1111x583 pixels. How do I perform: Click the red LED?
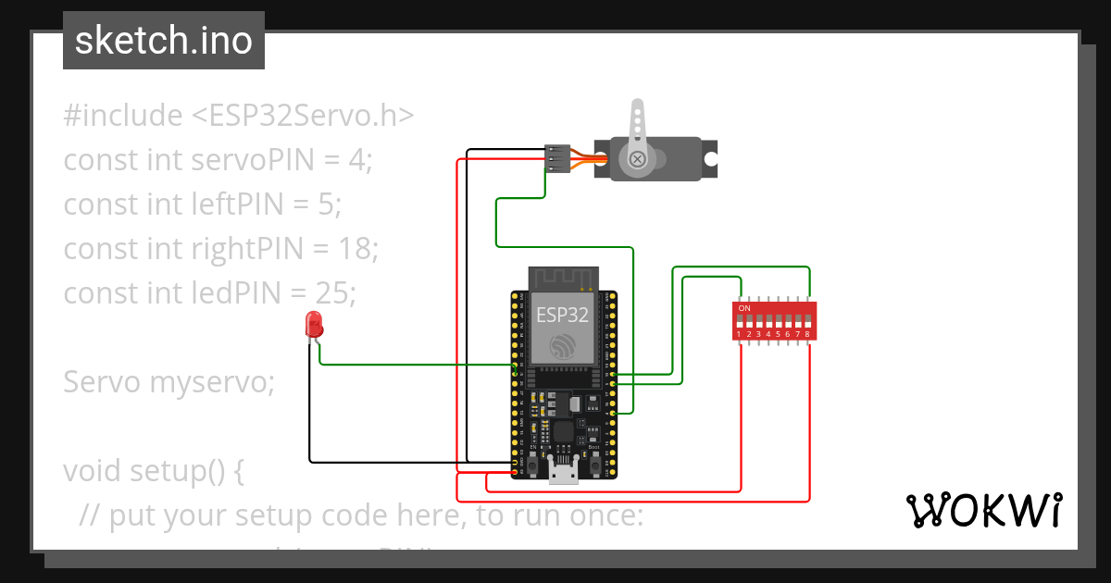click(x=314, y=325)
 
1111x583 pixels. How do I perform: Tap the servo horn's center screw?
click(x=637, y=159)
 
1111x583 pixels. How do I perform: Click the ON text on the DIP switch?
click(x=744, y=307)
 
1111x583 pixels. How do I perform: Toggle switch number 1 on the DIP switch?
click(x=739, y=320)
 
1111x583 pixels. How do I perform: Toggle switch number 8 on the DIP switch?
click(x=807, y=320)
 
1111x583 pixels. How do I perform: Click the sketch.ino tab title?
click(x=164, y=41)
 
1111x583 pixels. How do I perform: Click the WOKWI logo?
click(x=982, y=510)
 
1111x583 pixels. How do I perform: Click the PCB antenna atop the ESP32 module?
click(x=563, y=277)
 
